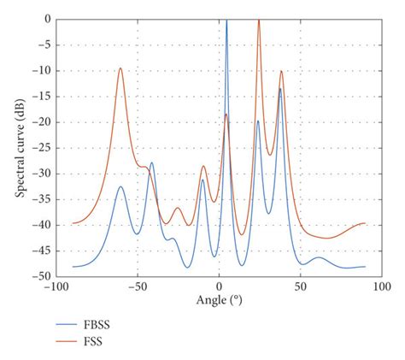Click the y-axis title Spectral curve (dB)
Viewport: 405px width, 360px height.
click(19, 147)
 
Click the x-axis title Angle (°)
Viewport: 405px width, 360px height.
click(219, 301)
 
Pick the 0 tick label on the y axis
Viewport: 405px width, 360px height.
click(44, 19)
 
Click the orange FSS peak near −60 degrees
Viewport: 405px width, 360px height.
click(120, 68)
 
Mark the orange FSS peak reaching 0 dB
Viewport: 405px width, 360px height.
click(259, 21)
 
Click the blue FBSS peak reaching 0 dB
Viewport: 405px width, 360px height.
click(226, 21)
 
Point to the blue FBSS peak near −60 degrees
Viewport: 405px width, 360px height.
click(120, 186)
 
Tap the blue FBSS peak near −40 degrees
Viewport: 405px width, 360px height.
click(152, 162)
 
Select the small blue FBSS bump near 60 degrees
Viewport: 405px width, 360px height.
click(318, 257)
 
